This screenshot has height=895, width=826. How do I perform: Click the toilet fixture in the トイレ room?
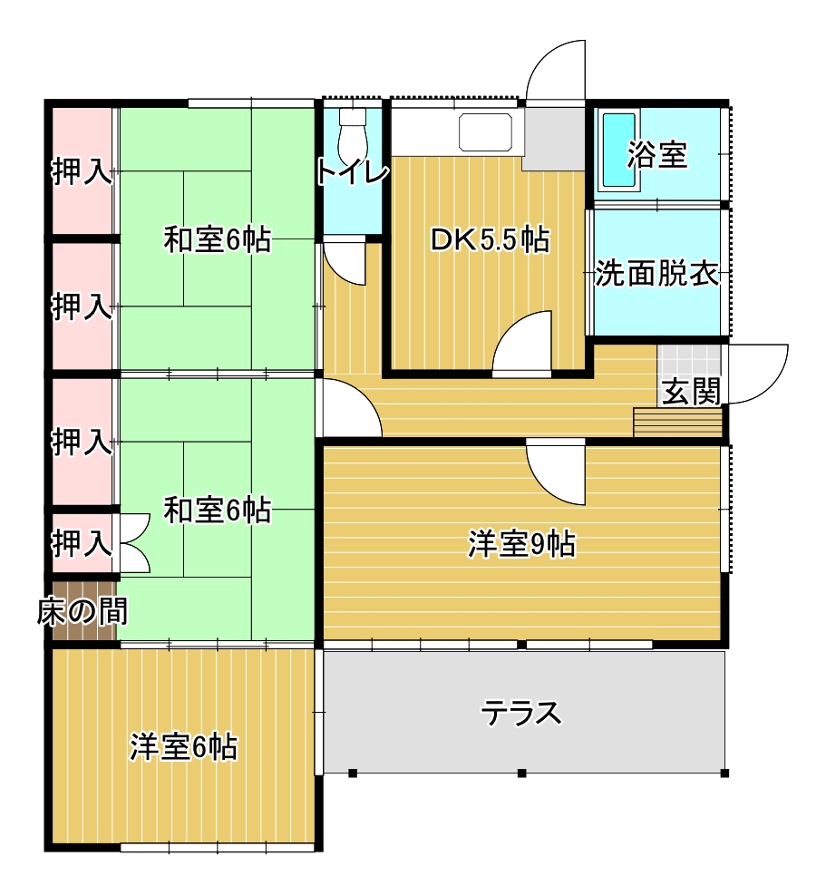click(352, 135)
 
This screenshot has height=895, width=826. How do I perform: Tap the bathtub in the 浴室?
click(619, 151)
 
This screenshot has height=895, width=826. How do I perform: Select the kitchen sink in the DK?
click(486, 131)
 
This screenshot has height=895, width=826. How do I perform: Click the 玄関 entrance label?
click(690, 392)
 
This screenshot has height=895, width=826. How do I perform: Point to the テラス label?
click(520, 713)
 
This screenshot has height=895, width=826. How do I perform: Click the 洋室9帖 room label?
click(520, 544)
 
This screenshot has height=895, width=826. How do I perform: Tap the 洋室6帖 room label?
click(182, 746)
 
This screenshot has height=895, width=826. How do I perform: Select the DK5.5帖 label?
click(490, 239)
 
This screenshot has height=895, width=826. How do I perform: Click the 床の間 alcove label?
click(83, 611)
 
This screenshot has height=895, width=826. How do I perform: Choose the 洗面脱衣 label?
click(656, 274)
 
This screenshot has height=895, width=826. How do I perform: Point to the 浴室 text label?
click(656, 154)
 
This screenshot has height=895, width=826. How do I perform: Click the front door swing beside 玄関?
click(756, 374)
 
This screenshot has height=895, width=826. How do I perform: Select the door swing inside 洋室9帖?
click(556, 472)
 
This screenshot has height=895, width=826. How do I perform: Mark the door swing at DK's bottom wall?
click(522, 343)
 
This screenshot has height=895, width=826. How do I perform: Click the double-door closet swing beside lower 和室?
click(134, 543)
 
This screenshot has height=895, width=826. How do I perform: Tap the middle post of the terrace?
click(521, 773)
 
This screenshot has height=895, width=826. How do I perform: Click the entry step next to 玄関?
click(677, 422)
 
